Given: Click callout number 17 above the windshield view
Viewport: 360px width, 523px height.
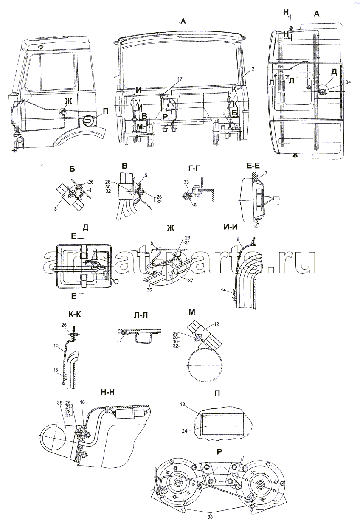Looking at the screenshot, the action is point(180,79).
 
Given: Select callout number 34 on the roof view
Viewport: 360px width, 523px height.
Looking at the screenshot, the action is point(348,82).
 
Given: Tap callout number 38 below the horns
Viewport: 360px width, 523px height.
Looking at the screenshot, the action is point(210,517).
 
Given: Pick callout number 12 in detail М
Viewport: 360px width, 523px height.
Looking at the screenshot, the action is point(217,324).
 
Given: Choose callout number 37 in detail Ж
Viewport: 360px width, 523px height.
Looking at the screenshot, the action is point(191,281).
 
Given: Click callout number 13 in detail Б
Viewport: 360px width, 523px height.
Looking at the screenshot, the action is point(54,209).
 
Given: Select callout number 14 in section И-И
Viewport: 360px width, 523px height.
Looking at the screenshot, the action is point(223,290).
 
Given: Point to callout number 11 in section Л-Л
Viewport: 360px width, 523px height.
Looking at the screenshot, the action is point(119,343).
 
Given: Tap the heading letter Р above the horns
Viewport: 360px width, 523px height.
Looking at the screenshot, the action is point(219,452).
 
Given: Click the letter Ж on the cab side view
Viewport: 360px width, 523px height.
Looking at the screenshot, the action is point(68,101).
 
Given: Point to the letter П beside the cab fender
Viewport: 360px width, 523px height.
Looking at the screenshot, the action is point(106,111).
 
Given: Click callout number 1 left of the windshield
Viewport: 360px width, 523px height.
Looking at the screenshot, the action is point(112,76).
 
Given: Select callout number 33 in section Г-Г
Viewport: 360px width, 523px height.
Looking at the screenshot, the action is point(186,182).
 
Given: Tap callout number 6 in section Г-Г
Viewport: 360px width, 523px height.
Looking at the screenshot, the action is point(195,205).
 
